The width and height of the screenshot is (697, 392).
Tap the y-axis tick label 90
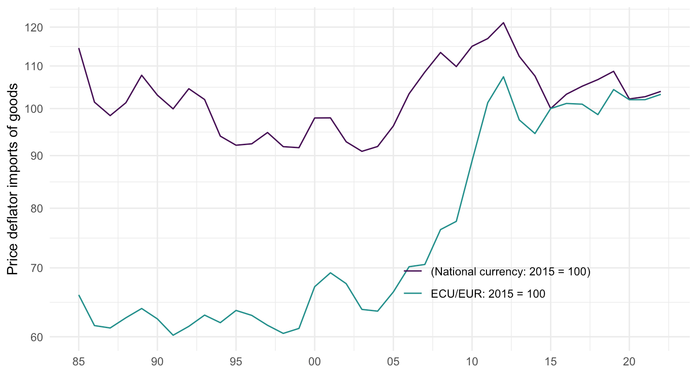pos(36,156)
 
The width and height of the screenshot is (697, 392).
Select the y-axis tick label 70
pos(36,268)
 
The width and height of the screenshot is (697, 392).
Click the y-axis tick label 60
pos(36,337)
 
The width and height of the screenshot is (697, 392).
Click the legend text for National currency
pos(511,271)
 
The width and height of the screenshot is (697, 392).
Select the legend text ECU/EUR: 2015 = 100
pos(488,293)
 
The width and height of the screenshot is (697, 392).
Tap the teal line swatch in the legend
pos(413,293)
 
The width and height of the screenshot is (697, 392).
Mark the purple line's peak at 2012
pos(503,23)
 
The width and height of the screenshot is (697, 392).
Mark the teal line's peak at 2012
pos(503,76)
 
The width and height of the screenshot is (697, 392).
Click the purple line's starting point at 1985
pos(78,48)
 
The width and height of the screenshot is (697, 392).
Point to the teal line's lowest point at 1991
pos(173,335)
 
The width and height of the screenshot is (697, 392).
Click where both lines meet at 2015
pos(550,108)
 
